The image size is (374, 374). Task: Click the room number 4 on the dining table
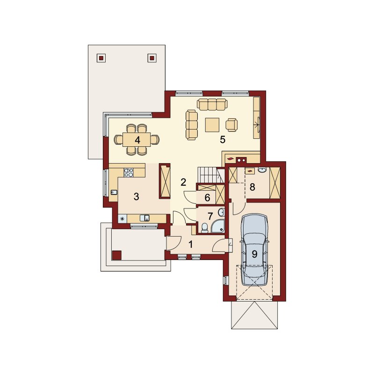pos(137,140)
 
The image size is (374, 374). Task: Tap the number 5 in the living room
pos(223,139)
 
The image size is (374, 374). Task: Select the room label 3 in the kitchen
pos(136,196)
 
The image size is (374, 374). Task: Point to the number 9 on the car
pos(254,254)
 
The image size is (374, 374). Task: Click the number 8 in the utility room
pos(252,187)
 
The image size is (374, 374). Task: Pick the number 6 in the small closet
pos(207,197)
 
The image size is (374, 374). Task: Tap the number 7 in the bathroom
pos(210,216)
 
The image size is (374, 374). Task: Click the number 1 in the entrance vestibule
pos(191,244)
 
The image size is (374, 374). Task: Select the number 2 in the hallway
pos(183,182)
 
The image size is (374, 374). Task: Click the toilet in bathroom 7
pos(205,228)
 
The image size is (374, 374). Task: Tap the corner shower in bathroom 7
pos(218,226)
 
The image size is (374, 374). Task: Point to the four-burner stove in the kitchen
pos(129,173)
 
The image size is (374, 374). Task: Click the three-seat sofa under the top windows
pos(212,104)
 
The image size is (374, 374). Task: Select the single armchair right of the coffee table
pos(231,125)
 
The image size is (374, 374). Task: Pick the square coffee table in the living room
pos(212,125)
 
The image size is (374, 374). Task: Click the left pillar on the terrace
pos(101,58)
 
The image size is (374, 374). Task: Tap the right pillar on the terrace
pos(152,58)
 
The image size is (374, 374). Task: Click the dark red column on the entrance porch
pos(116,255)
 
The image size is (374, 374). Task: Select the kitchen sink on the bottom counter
pos(144,218)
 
